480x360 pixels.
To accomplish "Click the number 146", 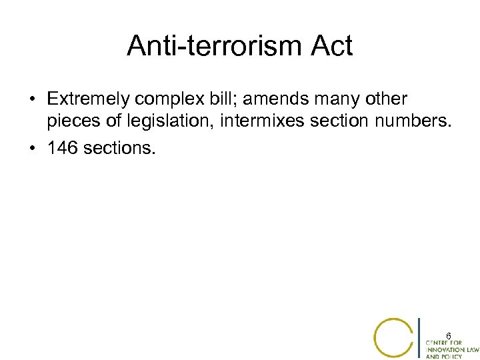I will (x=61, y=148).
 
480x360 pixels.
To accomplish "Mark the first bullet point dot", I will (x=32, y=100).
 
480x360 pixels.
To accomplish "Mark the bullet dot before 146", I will (x=32, y=148).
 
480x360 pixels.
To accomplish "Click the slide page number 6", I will (x=449, y=335).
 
